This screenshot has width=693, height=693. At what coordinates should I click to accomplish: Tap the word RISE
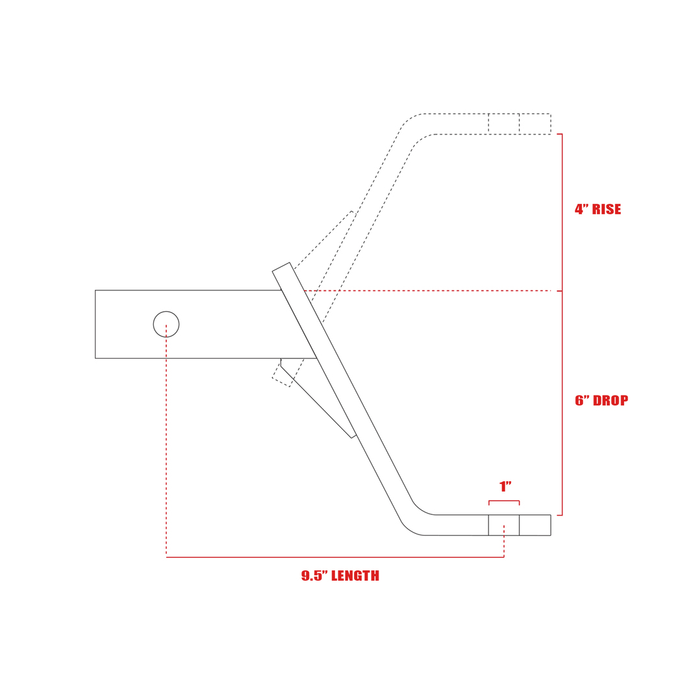(x=607, y=209)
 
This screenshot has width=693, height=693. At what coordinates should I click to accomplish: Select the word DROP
(x=611, y=401)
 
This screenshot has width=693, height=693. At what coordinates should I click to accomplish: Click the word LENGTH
(x=355, y=575)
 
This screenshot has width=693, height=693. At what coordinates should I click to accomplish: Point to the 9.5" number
(x=315, y=575)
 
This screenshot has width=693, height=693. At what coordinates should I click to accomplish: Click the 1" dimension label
(x=505, y=486)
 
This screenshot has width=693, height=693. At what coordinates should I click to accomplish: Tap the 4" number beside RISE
(x=581, y=209)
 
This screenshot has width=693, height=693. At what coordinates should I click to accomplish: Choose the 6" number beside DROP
(x=582, y=401)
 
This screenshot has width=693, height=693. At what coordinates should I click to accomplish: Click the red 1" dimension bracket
(x=504, y=501)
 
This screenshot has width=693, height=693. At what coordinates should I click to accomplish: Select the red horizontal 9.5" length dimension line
(x=335, y=557)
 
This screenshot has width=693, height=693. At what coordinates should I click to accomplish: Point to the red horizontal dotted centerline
(x=427, y=291)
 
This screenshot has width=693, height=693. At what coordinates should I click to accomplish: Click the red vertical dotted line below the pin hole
(x=166, y=440)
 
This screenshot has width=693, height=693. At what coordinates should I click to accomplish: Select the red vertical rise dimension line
(x=562, y=212)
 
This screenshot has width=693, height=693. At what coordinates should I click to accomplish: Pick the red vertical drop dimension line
(x=562, y=403)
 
